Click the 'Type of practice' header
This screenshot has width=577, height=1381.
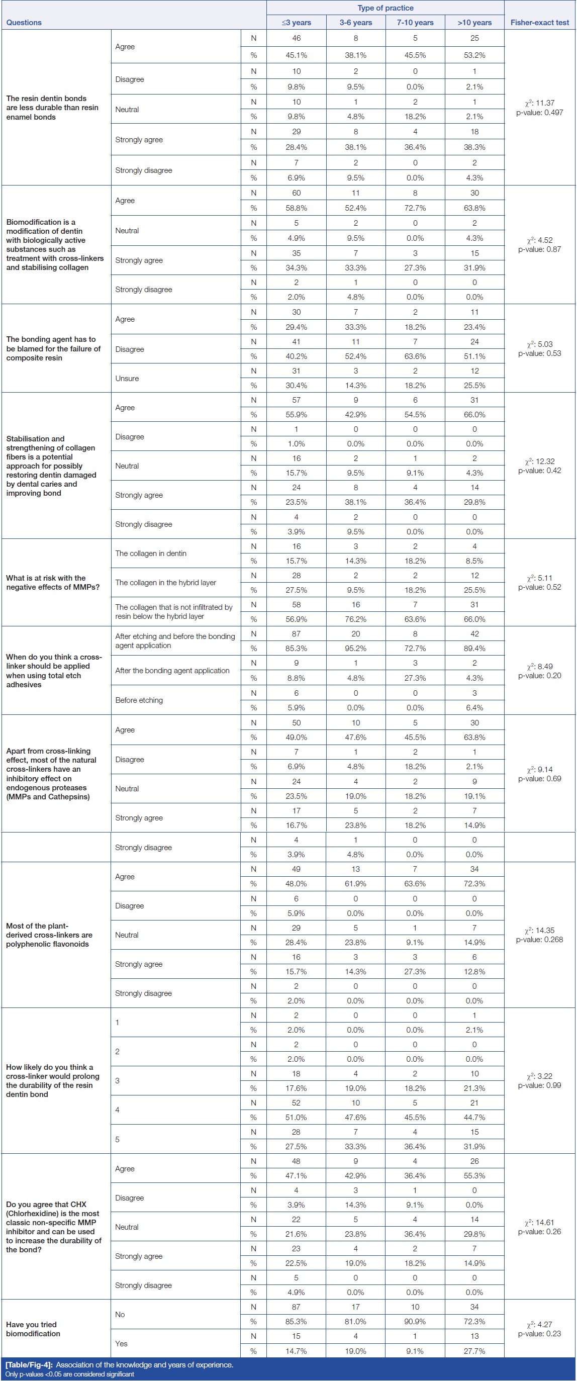[x=385, y=8]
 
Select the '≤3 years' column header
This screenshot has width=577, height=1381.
[x=296, y=23]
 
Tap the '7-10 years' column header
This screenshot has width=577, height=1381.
[x=415, y=23]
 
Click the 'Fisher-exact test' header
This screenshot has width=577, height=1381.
[x=539, y=23]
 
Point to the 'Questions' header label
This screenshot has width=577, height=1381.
[x=24, y=23]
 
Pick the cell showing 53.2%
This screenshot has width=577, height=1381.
[x=474, y=55]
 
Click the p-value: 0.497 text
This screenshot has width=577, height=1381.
[x=539, y=113]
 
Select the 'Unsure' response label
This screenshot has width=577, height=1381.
[x=127, y=379]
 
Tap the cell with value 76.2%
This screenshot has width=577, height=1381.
[x=355, y=619]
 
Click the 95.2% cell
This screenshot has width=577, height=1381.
[x=355, y=648]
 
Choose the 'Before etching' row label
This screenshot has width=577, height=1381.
[x=139, y=700]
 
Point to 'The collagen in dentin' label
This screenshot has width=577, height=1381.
[x=151, y=554]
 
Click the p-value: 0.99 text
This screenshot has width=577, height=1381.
[x=539, y=1085]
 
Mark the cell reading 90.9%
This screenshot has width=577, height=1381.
[x=415, y=1322]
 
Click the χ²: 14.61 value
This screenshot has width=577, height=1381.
[x=539, y=1222]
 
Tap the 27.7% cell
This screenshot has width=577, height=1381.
[x=474, y=1351]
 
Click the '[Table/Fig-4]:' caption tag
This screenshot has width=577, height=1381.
[x=29, y=1364]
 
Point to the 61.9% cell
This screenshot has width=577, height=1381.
[x=355, y=883]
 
